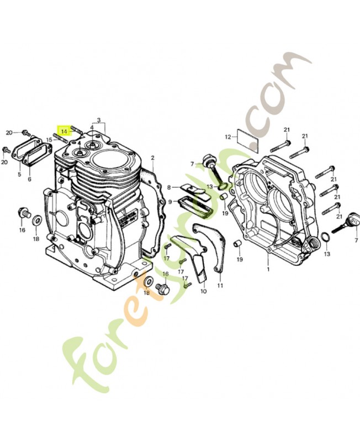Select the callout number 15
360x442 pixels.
point(49,140)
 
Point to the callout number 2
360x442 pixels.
point(152,158)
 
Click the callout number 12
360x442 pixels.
point(227,136)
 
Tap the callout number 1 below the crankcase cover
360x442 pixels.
point(268,270)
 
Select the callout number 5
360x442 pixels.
point(19,174)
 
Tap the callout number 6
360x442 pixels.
point(29,179)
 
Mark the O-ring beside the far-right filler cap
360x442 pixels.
point(326,238)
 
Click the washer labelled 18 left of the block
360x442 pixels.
point(36,221)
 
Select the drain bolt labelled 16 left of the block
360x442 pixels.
point(23,212)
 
